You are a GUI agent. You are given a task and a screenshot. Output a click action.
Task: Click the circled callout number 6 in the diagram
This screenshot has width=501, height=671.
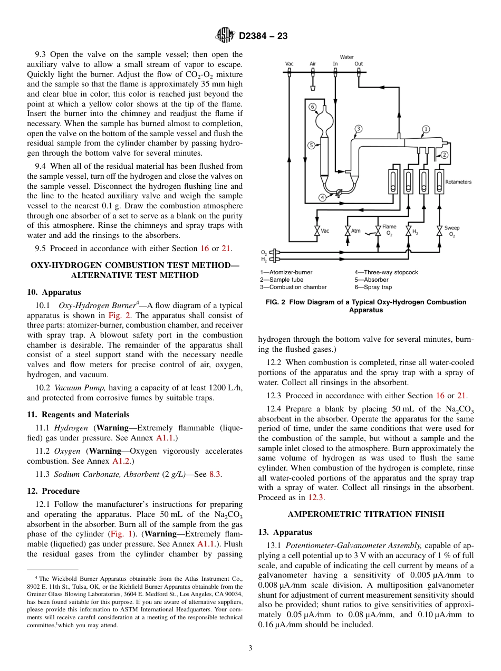pos(312,107)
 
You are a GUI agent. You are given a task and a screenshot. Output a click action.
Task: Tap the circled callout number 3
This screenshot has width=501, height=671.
pos(358,129)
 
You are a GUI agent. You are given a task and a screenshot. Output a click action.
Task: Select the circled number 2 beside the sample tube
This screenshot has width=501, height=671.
pos(444,155)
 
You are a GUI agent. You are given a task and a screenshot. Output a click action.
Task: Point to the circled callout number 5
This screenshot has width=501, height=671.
pos(311,145)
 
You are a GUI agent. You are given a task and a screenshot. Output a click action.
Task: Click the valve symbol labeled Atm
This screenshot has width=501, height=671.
pos(348,231)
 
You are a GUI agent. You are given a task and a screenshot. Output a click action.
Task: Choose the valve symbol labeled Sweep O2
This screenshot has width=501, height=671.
pos(439,231)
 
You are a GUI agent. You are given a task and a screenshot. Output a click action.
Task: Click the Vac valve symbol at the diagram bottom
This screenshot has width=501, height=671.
pos(317,231)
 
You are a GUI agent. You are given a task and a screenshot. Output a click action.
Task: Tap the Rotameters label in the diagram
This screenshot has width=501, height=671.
pos(458,182)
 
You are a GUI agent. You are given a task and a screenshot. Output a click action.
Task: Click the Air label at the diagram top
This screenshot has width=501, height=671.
pos(313,64)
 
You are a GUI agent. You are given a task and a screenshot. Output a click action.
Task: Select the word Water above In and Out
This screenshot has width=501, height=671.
pos(346,57)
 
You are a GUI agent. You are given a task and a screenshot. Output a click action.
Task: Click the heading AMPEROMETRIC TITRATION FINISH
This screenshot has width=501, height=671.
pos(366,514)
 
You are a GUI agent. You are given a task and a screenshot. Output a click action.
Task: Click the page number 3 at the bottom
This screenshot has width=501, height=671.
pos(250,648)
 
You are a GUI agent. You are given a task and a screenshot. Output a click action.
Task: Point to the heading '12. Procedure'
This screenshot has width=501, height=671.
pos(53,491)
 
